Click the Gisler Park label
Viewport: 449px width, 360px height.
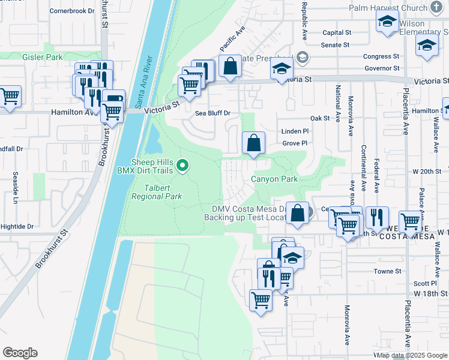coord(42,57)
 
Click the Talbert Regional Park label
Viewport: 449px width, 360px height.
coord(157,192)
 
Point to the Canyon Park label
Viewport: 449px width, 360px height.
coord(274,179)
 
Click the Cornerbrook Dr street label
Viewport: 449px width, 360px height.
coord(72,11)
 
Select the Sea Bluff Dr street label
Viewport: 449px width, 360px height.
coord(212,113)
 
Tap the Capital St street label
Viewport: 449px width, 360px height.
coord(336,33)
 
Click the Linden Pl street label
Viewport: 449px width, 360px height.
coord(294,131)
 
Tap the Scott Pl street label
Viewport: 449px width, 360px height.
coord(425,283)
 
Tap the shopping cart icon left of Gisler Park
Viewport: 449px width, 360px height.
coord(10,95)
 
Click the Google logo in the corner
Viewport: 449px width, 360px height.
coord(20,353)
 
